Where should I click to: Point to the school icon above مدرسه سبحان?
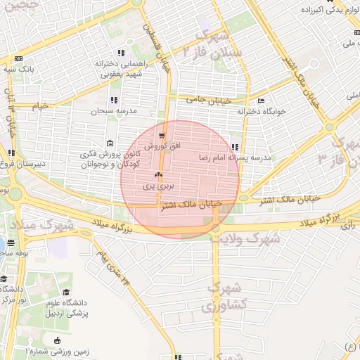[x=114, y=98]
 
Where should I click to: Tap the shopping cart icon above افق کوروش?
[x=162, y=135]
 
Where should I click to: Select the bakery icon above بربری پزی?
[x=158, y=175]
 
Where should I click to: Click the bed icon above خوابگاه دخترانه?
[x=262, y=101]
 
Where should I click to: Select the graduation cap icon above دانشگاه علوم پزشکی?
[x=67, y=292]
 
